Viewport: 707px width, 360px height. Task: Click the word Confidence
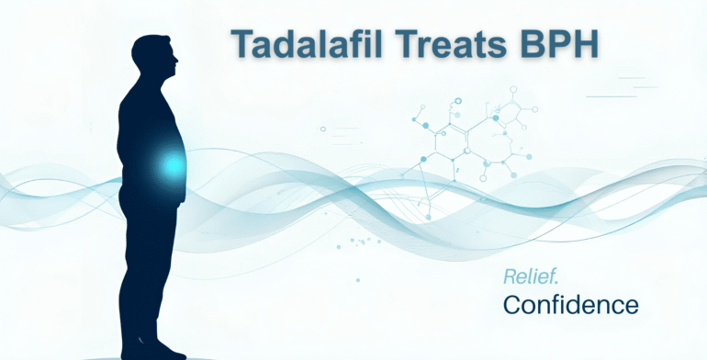coord(569,303)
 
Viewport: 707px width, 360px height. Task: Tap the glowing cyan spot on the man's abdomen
coord(172,165)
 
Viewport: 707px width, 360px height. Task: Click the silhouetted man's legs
coord(151,276)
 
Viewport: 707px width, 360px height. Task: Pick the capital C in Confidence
coord(512,303)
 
